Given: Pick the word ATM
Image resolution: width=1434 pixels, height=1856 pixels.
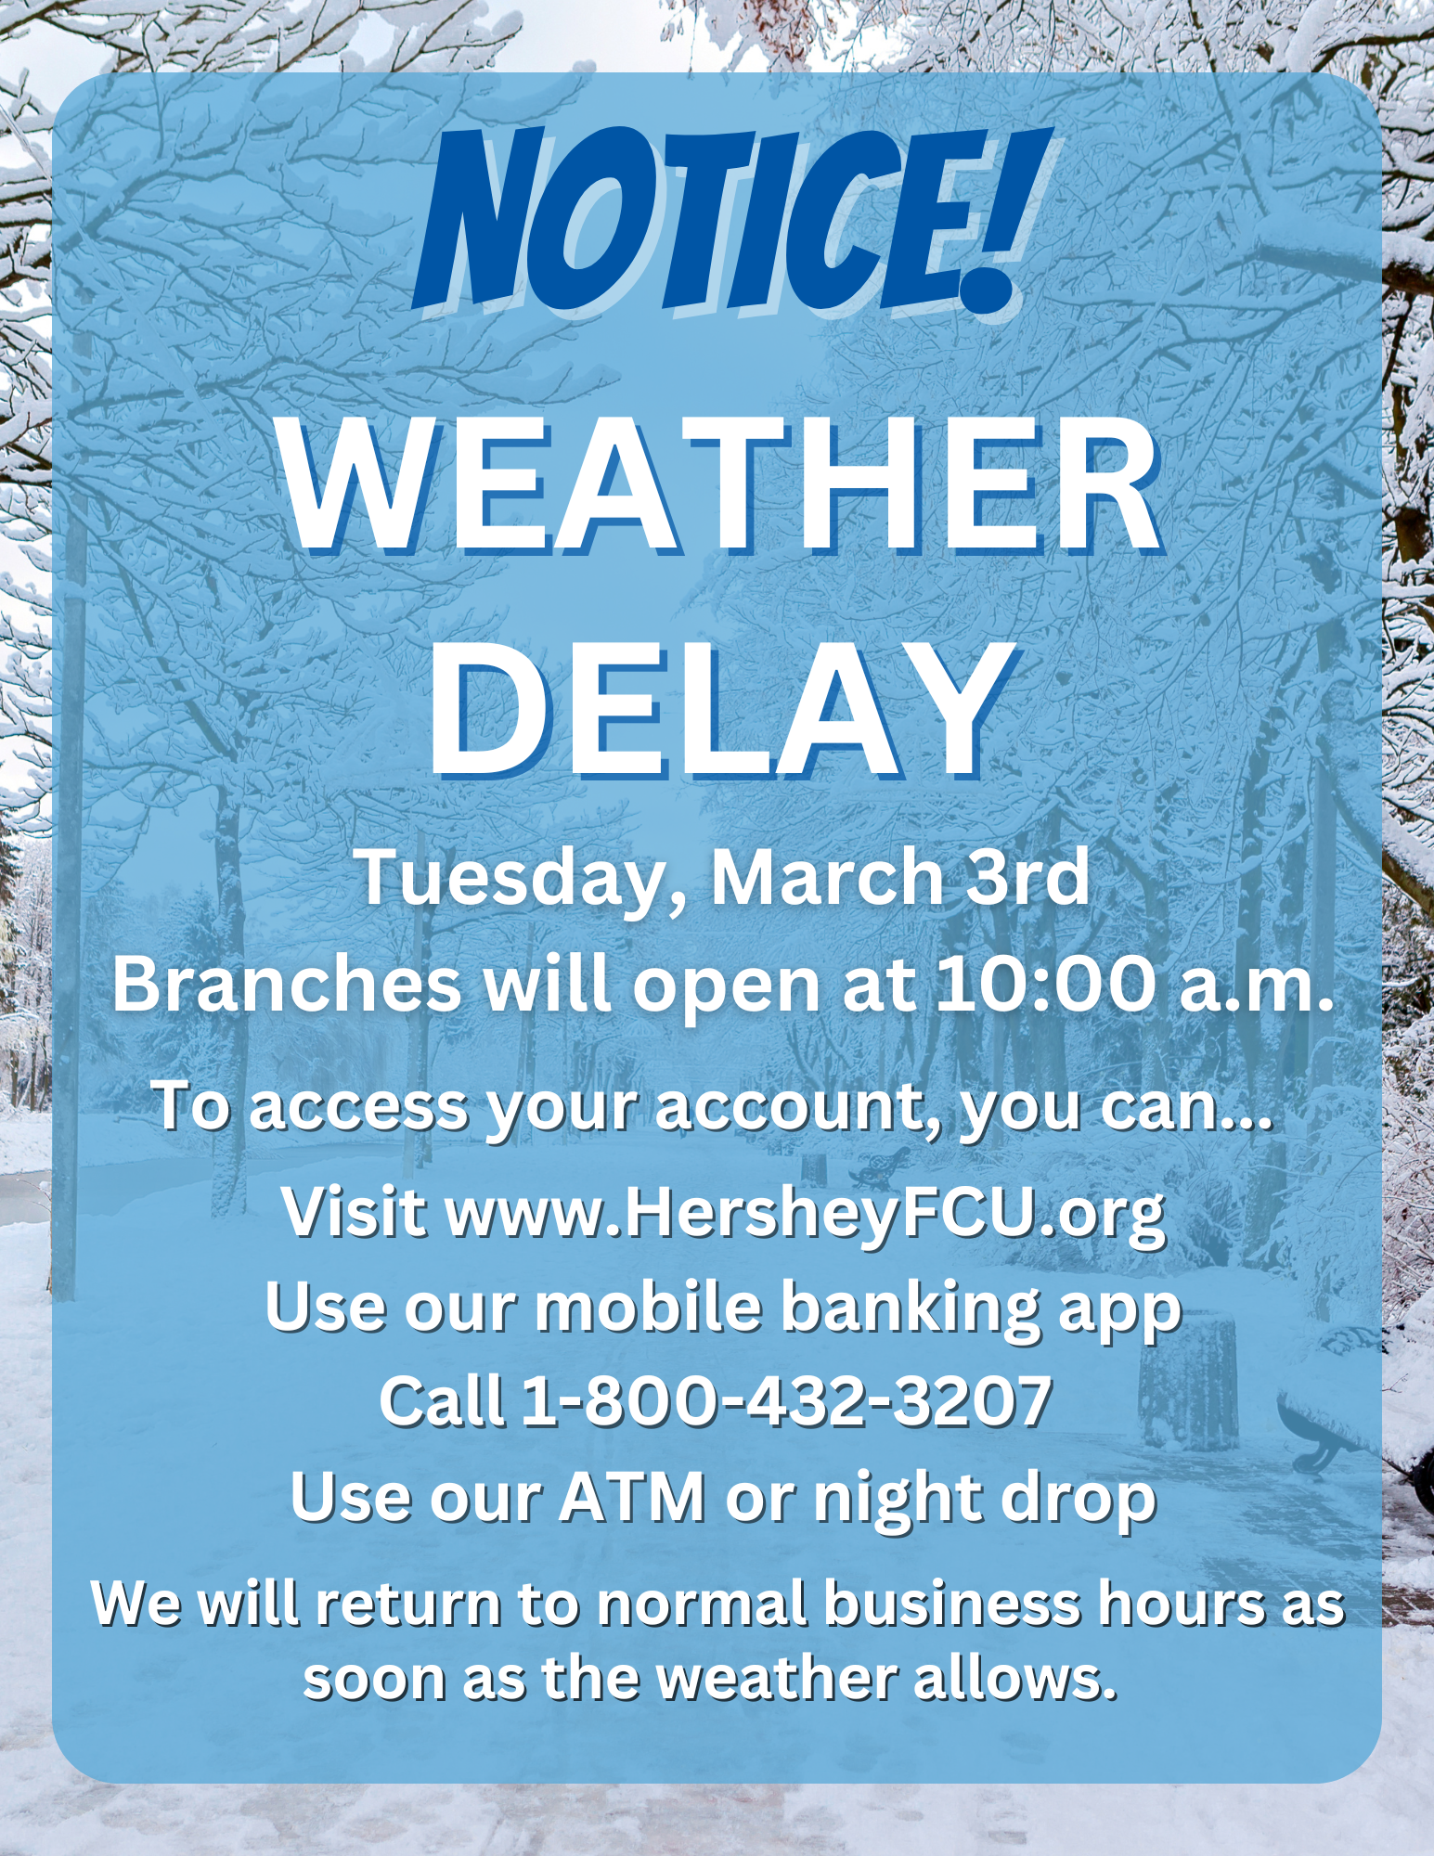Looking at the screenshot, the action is click(x=632, y=1496).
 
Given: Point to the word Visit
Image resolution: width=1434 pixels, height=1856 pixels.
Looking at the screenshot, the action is click(x=355, y=1212).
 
